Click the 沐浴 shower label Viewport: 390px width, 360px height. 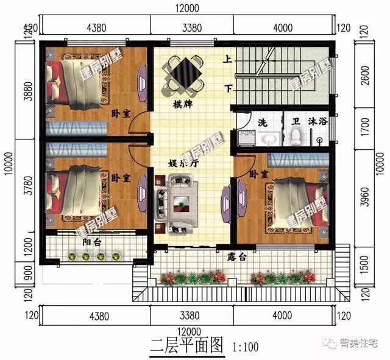[x=318, y=122]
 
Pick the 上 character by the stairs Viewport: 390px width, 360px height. [x=227, y=60]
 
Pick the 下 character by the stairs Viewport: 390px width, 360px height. [x=228, y=89]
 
